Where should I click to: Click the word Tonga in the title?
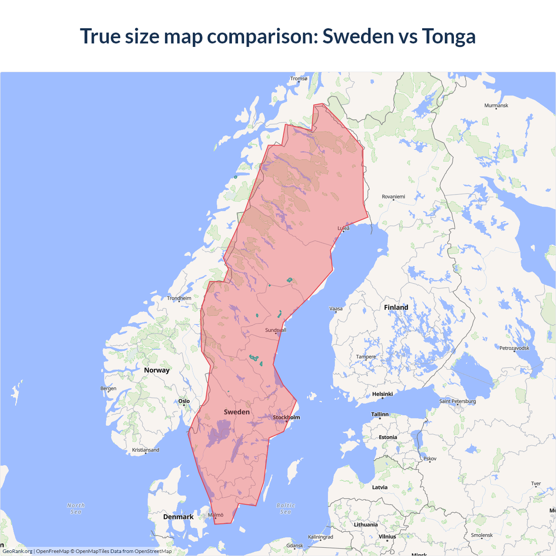point(449,36)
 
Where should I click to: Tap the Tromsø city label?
point(298,79)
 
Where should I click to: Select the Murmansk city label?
point(496,106)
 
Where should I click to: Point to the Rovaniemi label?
point(393,197)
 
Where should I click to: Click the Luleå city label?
point(344,228)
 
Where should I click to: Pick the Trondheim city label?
point(179,298)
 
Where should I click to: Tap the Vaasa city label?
point(336,309)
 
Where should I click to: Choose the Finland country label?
point(396,308)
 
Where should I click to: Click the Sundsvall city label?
point(275,330)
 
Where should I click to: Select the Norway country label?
point(157,370)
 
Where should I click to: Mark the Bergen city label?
point(108,388)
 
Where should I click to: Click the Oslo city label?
point(184,401)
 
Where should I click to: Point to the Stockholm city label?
point(286,417)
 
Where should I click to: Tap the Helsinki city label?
point(382,394)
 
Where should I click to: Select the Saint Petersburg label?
point(457,401)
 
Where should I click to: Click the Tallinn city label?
point(380,414)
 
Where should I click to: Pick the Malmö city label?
point(215,515)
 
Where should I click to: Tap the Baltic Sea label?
point(285,509)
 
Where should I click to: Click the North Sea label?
point(76,509)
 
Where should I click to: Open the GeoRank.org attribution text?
point(17,551)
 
